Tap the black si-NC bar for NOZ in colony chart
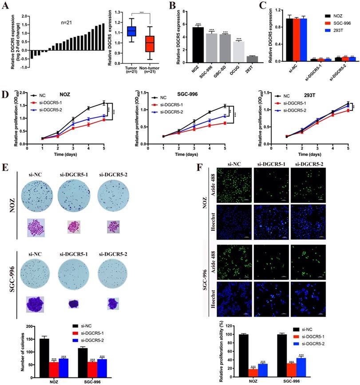point(44,352)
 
